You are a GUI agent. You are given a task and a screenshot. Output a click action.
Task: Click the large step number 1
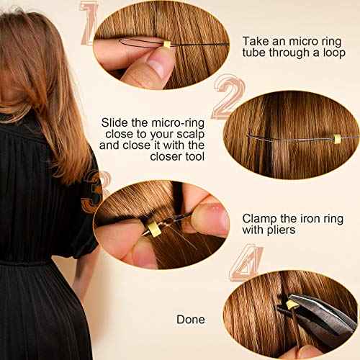[x=90, y=23]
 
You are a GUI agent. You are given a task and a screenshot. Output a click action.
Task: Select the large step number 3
[x=91, y=193]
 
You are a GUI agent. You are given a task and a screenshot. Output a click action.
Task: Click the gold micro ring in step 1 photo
[x=168, y=45]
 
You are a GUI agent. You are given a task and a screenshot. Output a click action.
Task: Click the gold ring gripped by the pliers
[x=292, y=306]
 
